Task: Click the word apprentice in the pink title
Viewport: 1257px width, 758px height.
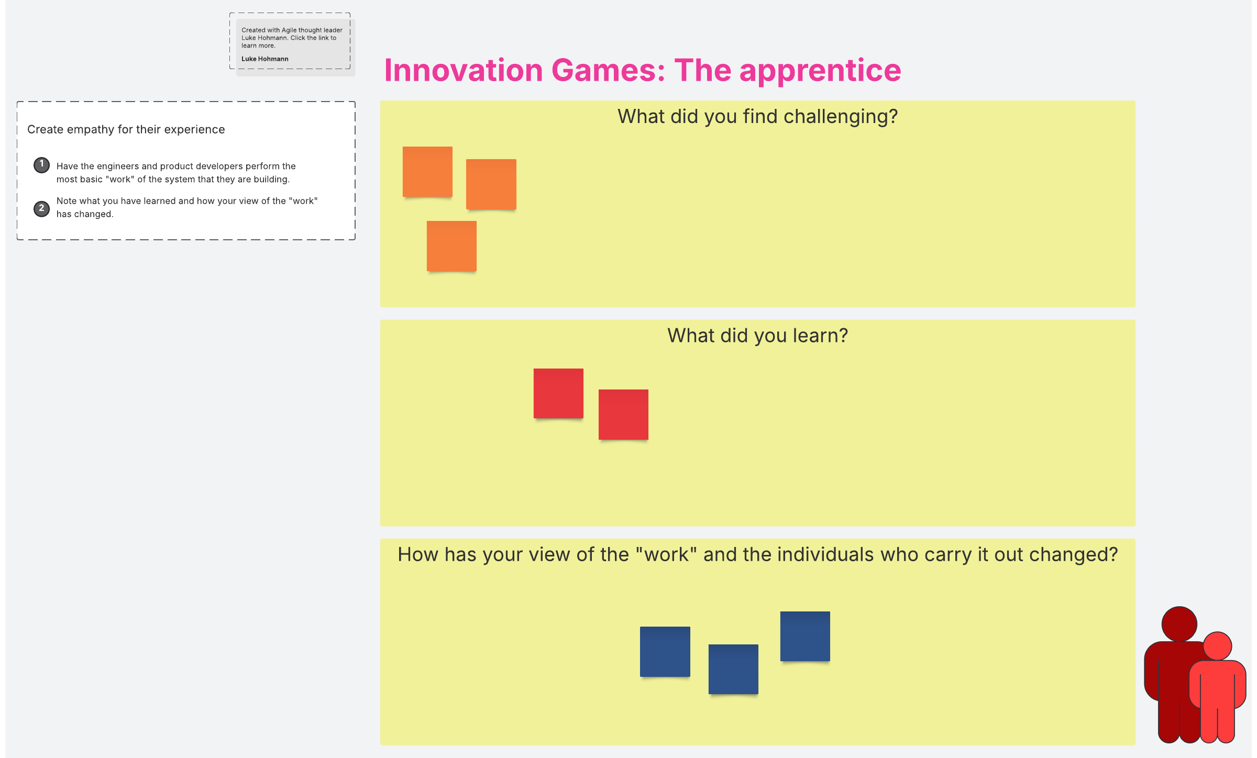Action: click(x=820, y=71)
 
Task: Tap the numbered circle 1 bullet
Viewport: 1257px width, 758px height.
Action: click(x=42, y=165)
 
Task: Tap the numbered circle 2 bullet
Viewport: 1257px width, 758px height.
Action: click(x=42, y=208)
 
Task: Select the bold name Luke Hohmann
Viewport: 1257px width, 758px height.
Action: click(x=265, y=59)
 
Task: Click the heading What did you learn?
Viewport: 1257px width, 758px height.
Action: click(x=757, y=336)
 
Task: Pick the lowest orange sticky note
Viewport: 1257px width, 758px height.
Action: click(x=451, y=246)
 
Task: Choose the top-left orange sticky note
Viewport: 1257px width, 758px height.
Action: click(x=427, y=172)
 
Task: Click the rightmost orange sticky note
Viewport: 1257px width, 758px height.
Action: click(x=491, y=184)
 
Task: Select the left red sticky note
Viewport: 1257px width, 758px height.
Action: click(x=558, y=394)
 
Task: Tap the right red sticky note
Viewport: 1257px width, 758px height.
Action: click(x=623, y=415)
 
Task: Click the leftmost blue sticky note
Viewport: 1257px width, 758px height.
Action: click(x=665, y=652)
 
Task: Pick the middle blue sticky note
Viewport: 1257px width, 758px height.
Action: click(x=733, y=670)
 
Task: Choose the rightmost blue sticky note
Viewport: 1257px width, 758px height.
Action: click(x=805, y=637)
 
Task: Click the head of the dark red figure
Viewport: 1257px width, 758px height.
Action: click(x=1179, y=624)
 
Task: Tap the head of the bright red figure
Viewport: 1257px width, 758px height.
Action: click(x=1217, y=646)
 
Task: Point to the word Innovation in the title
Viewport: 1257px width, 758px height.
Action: click(x=464, y=71)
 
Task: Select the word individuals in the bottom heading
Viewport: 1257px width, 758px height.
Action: click(x=825, y=554)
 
